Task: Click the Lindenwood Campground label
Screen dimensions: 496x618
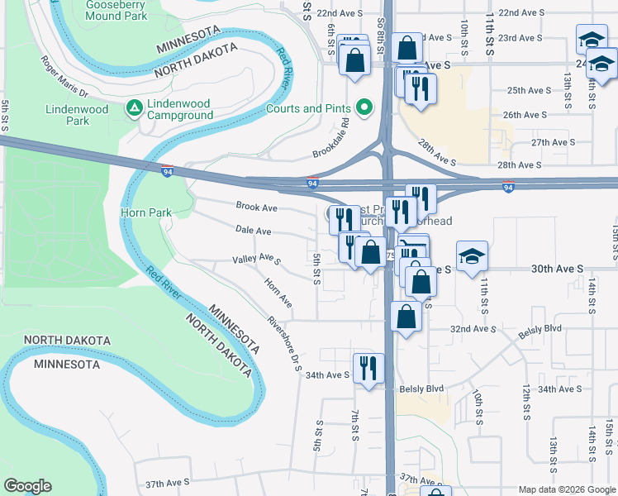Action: [x=180, y=109]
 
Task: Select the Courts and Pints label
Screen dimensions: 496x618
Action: [x=310, y=108]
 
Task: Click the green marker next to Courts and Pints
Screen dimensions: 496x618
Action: [x=363, y=107]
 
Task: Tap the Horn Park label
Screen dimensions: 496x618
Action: [x=146, y=212]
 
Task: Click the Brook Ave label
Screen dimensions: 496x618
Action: [x=256, y=207]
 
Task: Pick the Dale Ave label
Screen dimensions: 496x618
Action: [x=253, y=231]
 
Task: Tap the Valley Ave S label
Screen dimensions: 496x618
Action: [x=256, y=260]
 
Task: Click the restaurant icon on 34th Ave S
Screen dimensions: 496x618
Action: [x=367, y=368]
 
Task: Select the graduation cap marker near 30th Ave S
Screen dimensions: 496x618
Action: [x=472, y=255]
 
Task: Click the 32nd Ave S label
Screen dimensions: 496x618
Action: [x=473, y=329]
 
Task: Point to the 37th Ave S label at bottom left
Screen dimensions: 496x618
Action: [x=168, y=482]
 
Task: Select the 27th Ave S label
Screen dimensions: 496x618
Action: [x=553, y=142]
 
